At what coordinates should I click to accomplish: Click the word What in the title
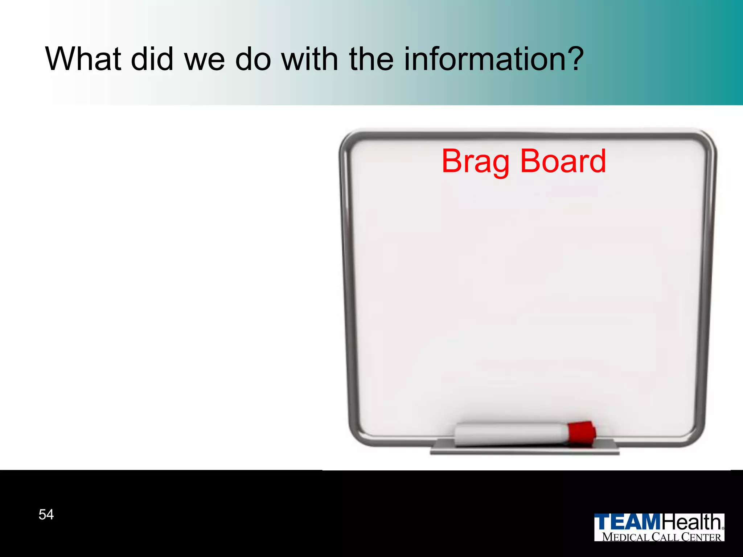pyautogui.click(x=83, y=59)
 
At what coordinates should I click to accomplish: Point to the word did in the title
pyautogui.click(x=152, y=59)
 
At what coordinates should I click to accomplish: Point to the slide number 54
pyautogui.click(x=46, y=515)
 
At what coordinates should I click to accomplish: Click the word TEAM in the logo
pyautogui.click(x=628, y=523)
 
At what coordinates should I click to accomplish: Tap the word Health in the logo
pyautogui.click(x=691, y=523)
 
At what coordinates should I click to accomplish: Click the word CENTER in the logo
pyautogui.click(x=701, y=537)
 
